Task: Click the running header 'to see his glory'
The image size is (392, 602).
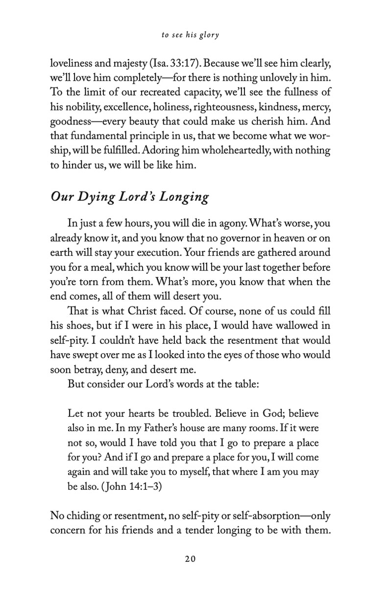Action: (190, 35)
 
